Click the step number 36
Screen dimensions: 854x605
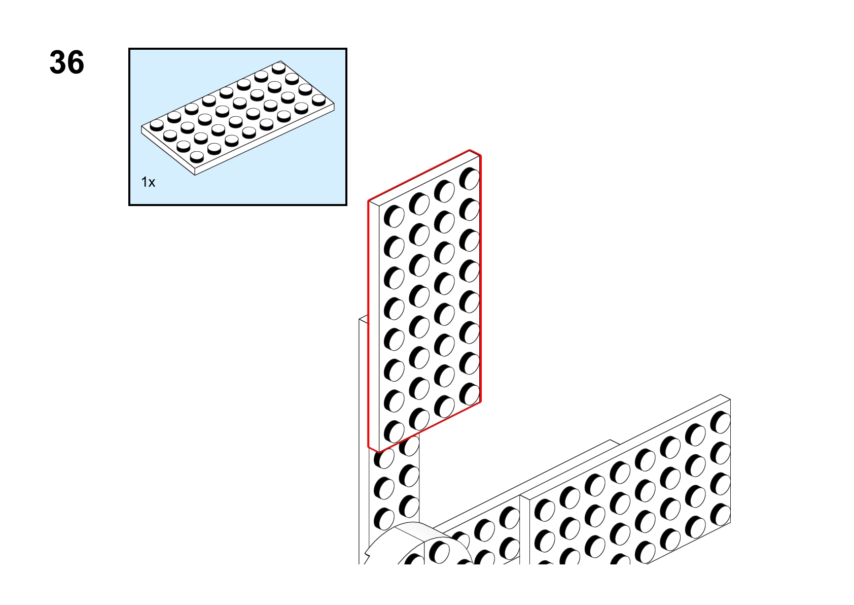click(67, 62)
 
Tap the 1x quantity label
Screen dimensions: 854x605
click(148, 182)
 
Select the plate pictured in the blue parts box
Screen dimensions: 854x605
click(237, 118)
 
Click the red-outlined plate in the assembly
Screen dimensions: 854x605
click(424, 301)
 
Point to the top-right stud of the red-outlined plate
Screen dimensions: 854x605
click(469, 179)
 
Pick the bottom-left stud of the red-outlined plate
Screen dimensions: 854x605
click(394, 432)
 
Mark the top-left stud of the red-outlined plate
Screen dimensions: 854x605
click(394, 216)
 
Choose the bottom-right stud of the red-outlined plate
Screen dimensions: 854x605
click(469, 394)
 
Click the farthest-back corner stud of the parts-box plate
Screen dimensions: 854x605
click(279, 68)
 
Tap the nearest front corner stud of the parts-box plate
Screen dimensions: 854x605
click(197, 156)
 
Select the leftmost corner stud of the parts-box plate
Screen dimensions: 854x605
click(157, 125)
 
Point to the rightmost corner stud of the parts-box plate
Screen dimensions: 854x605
click(318, 99)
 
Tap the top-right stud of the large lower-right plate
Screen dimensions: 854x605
click(720, 422)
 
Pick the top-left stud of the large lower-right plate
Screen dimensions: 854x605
click(545, 511)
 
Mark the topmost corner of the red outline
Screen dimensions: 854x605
click(470, 150)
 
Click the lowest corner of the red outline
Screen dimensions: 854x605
click(379, 452)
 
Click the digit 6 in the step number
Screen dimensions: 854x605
click(76, 62)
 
